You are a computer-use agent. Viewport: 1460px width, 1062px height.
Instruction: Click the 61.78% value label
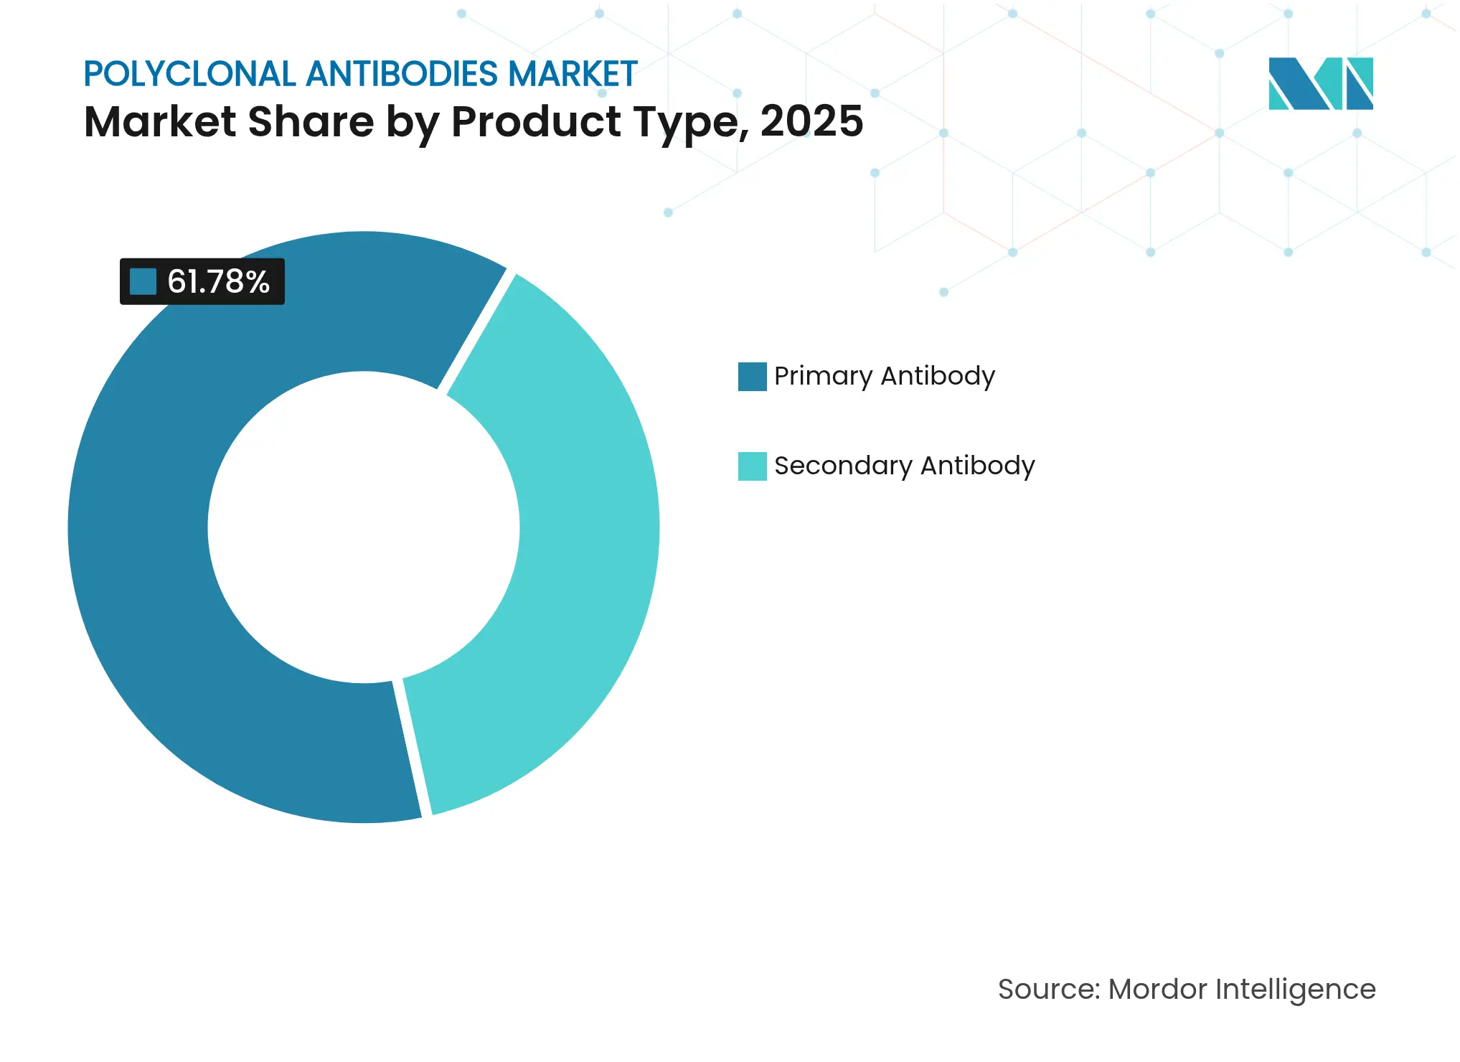pos(218,282)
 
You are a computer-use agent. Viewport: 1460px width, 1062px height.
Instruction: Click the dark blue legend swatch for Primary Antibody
pos(752,377)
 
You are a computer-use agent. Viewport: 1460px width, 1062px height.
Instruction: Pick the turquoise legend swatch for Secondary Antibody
pos(752,466)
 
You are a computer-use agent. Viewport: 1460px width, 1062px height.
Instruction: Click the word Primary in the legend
pos(823,376)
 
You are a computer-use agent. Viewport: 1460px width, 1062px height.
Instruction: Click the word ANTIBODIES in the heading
pos(402,74)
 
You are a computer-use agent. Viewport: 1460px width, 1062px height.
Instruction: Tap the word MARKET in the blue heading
pos(573,74)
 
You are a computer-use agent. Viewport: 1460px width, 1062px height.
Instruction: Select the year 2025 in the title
pos(811,121)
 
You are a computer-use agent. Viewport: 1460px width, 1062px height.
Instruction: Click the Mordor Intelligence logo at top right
pos(1320,83)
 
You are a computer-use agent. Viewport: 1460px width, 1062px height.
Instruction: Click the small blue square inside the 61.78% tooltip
pos(143,282)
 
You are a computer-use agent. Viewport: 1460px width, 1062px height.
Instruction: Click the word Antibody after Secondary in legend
pos(977,466)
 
